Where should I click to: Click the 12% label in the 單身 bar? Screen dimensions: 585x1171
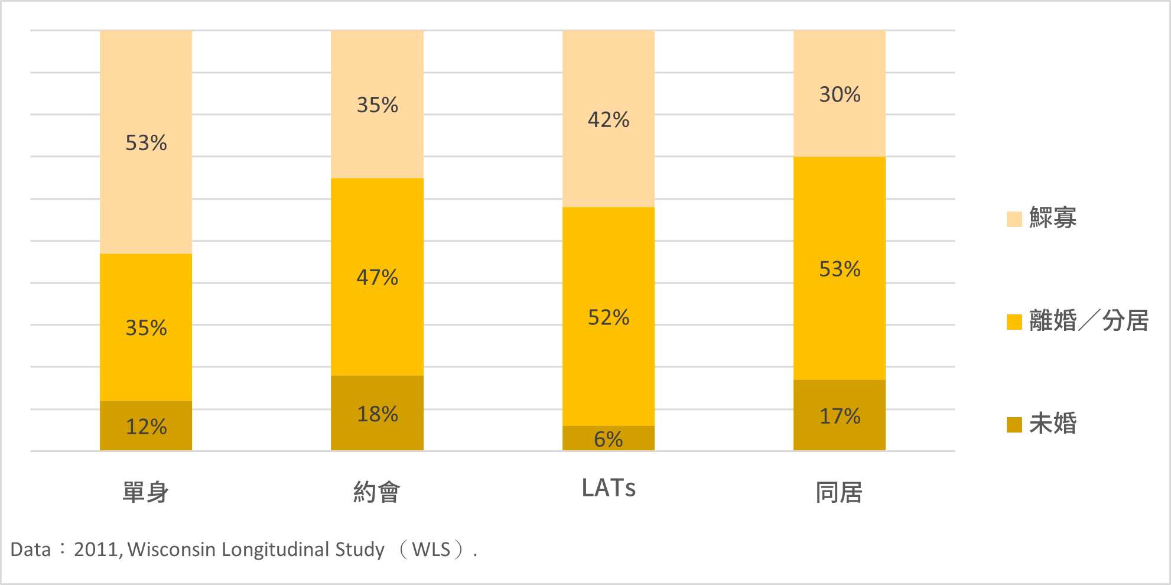click(146, 427)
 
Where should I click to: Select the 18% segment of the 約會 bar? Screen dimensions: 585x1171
click(377, 413)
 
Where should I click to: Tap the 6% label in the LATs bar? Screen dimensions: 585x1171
click(608, 439)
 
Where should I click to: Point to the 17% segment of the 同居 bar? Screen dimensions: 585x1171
click(839, 415)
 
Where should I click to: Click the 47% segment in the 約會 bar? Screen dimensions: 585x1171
click(377, 277)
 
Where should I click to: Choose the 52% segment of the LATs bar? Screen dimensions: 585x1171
click(608, 317)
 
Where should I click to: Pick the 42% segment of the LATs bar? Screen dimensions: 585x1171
click(608, 119)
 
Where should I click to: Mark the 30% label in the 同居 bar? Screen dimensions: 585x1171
click(839, 95)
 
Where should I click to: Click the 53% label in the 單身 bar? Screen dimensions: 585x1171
click(146, 143)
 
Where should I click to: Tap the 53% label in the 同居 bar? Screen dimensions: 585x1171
click(839, 269)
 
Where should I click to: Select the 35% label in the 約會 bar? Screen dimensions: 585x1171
click(377, 105)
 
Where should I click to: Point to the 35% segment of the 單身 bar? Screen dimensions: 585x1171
click(146, 327)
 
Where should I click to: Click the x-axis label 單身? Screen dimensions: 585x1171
click(145, 492)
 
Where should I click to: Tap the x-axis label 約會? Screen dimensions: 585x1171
click(376, 492)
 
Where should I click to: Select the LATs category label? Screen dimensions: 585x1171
click(608, 489)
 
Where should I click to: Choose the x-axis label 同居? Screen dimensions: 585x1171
click(839, 492)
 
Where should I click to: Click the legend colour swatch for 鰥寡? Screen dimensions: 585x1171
click(1014, 219)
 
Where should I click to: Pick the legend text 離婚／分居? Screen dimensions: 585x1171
click(1088, 321)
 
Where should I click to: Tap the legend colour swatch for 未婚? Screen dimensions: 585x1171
click(1014, 424)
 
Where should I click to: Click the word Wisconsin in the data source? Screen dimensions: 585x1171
click(171, 550)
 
